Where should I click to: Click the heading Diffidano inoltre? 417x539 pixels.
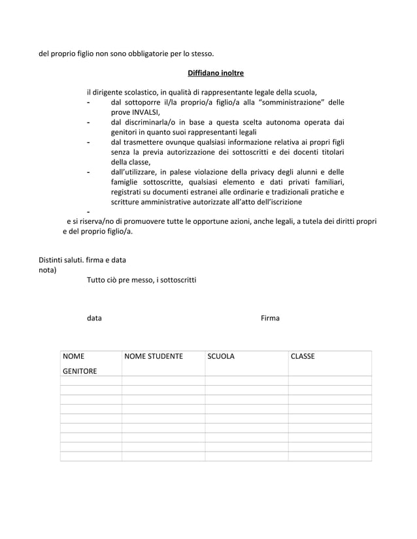click(216, 72)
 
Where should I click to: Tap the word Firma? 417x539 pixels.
click(270, 318)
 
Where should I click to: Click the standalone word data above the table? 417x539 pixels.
click(94, 318)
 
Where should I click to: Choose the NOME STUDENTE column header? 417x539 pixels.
click(154, 357)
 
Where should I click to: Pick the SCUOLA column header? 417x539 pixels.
click(221, 357)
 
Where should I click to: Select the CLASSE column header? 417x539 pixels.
click(303, 357)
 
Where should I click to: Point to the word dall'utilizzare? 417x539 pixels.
click(134, 172)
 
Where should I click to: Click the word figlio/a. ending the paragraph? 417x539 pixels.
click(117, 232)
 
